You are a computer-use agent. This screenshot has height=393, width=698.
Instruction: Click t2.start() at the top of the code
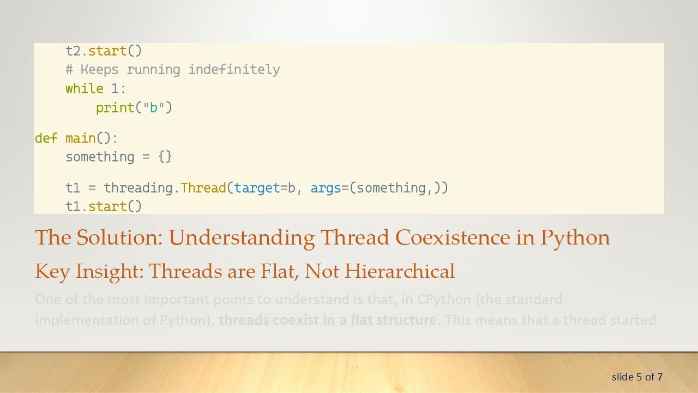tap(104, 51)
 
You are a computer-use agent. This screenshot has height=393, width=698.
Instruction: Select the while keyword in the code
tap(85, 89)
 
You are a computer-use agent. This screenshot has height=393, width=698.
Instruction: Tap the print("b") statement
tap(134, 108)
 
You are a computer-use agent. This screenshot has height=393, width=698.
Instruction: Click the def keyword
tap(46, 138)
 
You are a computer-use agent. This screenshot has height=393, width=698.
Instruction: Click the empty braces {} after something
tap(165, 157)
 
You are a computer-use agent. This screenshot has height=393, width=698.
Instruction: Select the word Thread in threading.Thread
tap(203, 188)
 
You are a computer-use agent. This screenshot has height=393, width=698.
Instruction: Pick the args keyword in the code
tap(326, 188)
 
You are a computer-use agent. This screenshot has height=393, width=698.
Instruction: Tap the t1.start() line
tap(104, 206)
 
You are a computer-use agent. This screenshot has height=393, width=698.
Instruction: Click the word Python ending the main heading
tap(575, 238)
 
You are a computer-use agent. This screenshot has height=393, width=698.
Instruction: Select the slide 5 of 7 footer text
tap(637, 377)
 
